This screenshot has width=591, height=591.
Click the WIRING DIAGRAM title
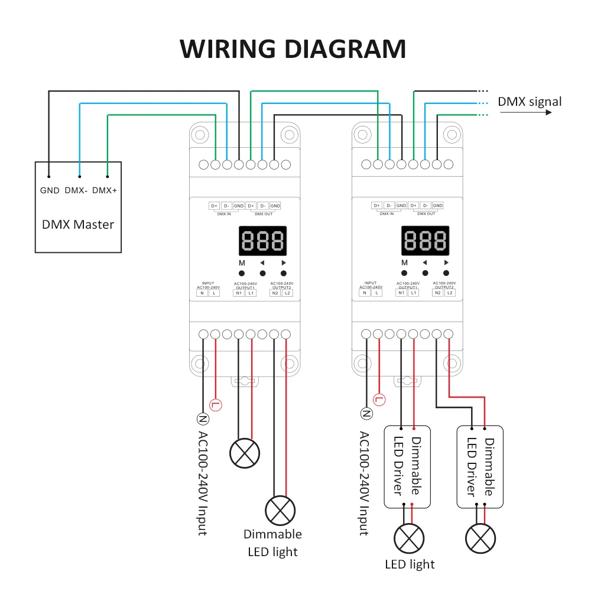point(293,49)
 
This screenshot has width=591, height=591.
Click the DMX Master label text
point(78,225)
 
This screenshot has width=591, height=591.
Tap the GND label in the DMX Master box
point(50,190)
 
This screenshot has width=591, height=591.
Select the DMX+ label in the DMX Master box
point(105,190)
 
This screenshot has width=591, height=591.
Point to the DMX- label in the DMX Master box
point(76,190)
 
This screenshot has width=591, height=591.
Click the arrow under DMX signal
point(526,112)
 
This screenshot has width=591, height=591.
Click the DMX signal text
point(530,102)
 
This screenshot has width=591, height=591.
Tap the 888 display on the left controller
point(263,241)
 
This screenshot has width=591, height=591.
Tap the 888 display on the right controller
point(425,241)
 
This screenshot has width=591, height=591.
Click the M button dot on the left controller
point(242,273)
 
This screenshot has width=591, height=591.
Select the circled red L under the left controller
point(216,405)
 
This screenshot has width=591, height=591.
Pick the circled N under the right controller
point(366,414)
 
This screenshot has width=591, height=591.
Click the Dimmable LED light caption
point(272,543)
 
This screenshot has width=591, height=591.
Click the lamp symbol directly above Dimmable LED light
point(280,511)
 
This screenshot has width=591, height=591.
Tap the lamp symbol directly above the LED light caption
point(409,538)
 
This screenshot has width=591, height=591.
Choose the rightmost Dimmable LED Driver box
point(480,467)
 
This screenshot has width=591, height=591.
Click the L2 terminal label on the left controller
point(287,293)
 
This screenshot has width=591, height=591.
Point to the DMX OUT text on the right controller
point(426,214)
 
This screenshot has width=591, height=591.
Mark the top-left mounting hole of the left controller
point(200,135)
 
